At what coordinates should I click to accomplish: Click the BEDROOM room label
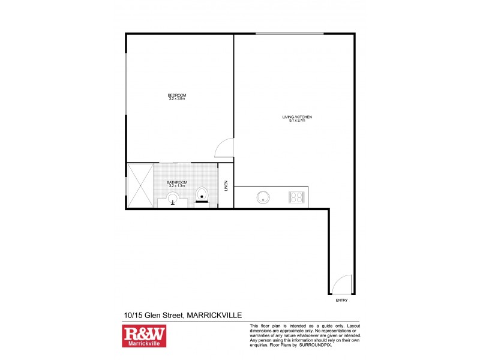177,95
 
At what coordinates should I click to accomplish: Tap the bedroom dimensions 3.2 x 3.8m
177,99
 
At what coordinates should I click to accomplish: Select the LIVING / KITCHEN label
297,116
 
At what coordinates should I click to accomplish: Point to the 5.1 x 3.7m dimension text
297,120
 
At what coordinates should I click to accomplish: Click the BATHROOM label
177,182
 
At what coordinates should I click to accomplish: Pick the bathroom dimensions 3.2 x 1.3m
177,186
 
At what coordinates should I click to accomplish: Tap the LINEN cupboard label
226,186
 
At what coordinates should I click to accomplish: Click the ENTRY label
341,300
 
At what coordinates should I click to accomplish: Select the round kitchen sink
262,197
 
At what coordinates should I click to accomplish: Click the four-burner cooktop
296,197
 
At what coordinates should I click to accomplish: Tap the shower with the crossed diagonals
141,186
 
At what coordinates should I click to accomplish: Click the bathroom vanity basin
173,202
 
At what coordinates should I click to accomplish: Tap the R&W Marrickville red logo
144,336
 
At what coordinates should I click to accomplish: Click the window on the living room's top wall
289,34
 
